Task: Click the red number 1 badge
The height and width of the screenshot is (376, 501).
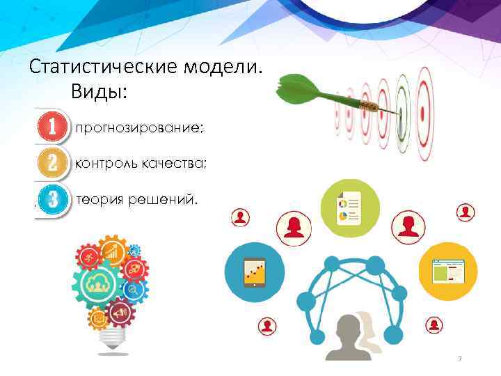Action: click(52, 127)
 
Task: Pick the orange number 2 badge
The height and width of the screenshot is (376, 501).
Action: click(52, 164)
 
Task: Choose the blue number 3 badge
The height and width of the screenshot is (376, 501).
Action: click(53, 200)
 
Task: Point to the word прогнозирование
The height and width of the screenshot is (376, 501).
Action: click(140, 128)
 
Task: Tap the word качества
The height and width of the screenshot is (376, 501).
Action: click(175, 164)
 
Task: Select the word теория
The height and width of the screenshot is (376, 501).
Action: click(100, 201)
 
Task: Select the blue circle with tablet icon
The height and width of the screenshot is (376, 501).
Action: click(255, 272)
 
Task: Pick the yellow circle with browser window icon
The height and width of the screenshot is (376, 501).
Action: click(447, 271)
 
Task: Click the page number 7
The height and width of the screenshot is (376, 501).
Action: click(460, 359)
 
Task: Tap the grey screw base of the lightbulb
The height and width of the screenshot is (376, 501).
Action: click(111, 340)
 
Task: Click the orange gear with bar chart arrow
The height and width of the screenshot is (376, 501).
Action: click(111, 251)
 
